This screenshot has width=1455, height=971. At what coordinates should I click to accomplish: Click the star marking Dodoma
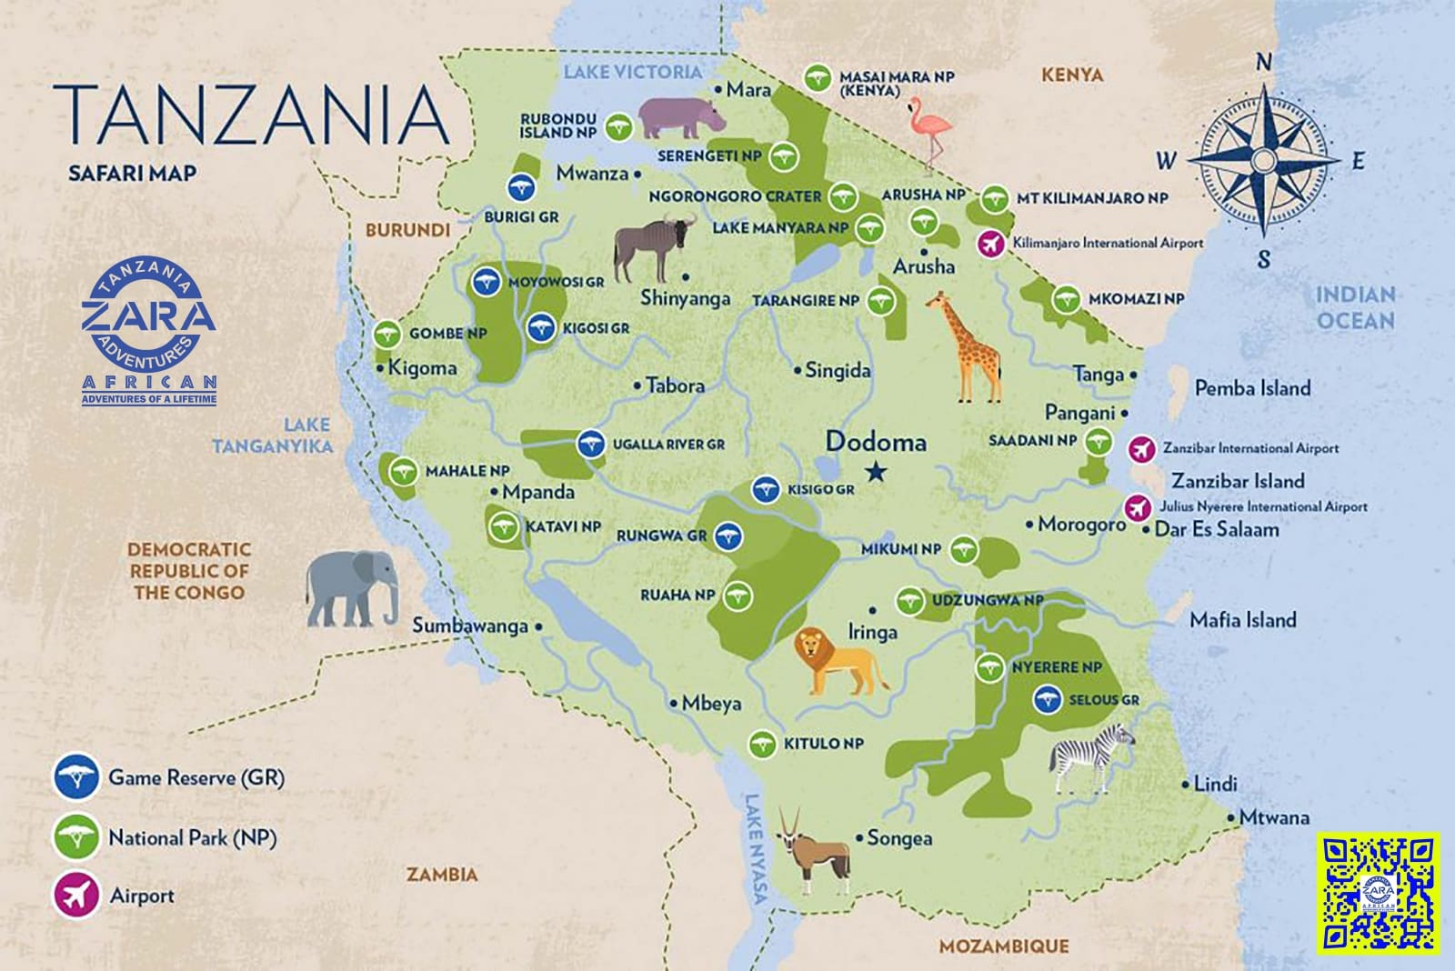877,472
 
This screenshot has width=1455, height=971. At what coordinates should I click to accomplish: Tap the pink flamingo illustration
929,132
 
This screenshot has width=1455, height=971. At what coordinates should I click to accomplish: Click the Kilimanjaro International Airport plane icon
991,244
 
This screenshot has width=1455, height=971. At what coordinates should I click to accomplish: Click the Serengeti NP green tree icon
779,157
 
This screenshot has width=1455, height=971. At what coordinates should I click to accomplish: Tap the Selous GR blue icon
1049,700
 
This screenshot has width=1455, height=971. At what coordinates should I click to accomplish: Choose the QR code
1378,894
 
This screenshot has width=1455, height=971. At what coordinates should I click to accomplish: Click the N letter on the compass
1263,62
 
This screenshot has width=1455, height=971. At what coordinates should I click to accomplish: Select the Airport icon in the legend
76,895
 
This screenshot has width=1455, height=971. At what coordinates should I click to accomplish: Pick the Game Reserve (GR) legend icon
76,777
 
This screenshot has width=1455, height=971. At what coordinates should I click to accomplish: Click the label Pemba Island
1252,388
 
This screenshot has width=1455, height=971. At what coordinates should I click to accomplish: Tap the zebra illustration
1091,756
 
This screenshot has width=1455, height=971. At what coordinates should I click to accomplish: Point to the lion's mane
810,649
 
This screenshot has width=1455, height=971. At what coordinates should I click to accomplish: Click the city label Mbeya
711,704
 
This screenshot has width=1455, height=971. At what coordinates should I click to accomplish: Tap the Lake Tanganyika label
273,435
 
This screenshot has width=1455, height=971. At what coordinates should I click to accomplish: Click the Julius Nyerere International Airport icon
1137,507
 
